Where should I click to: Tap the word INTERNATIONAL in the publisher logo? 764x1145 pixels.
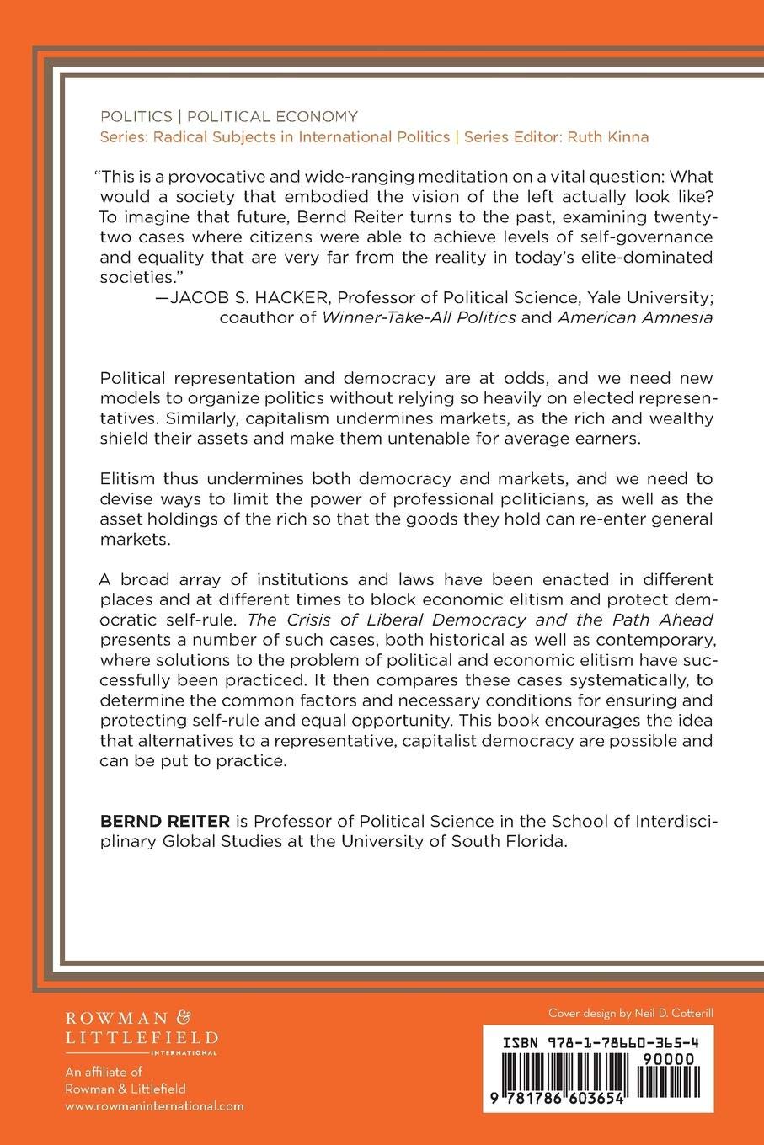[x=195, y=1052]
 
